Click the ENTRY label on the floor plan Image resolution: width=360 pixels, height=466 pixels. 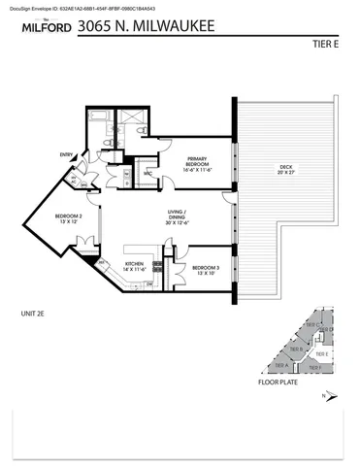click(66, 154)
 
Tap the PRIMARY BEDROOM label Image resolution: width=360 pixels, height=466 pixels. click(200, 163)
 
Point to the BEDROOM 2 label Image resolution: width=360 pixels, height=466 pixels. click(68, 217)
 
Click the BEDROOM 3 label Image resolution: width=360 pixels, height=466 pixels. click(206, 269)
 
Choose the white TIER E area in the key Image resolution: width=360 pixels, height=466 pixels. click(323, 354)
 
